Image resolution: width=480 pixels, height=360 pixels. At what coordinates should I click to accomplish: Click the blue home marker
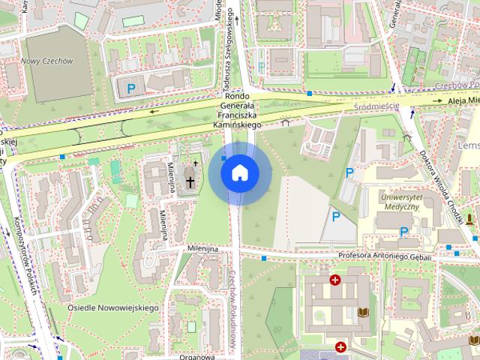240,172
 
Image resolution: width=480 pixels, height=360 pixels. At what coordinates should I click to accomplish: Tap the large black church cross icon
190,181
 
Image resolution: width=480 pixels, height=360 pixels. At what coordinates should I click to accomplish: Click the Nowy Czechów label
46,61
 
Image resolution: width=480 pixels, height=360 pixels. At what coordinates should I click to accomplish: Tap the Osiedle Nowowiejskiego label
112,308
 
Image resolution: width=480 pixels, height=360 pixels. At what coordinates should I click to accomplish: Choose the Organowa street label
193,356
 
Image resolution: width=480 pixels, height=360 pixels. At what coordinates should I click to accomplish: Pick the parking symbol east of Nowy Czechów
131,89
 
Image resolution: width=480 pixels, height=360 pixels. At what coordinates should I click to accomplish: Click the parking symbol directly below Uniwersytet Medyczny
403,232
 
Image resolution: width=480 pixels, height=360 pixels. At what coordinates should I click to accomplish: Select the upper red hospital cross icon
335,280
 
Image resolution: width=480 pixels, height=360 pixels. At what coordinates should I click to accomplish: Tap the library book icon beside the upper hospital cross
364,311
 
